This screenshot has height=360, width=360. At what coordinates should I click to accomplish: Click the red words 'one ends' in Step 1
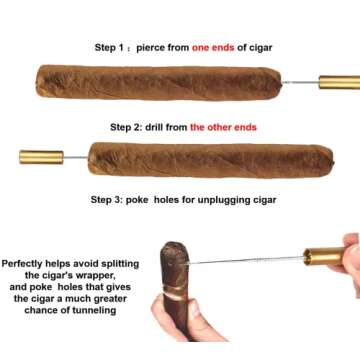click(215, 47)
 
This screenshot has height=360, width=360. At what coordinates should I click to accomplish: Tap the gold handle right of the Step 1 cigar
click(339, 82)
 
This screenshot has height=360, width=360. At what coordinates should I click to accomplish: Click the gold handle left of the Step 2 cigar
click(41, 157)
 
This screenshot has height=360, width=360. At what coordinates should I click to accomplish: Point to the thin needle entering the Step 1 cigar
click(300, 82)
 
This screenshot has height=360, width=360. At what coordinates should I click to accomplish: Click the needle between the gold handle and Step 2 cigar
click(75, 157)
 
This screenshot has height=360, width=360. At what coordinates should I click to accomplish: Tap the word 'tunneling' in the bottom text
click(91, 310)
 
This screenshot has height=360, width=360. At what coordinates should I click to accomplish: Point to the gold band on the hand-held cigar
click(177, 297)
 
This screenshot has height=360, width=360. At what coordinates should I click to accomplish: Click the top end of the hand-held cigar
click(173, 250)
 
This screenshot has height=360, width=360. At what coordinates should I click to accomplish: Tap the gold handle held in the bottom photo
click(323, 257)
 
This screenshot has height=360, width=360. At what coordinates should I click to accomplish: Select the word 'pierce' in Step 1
click(161, 47)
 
